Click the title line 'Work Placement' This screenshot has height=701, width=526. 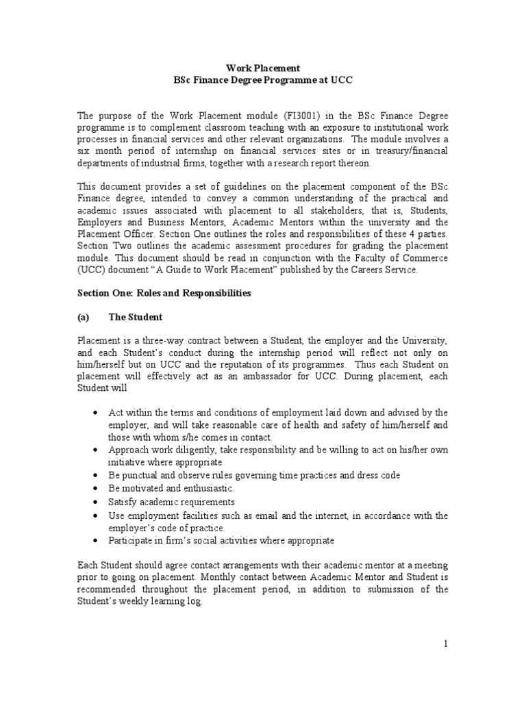click(263, 68)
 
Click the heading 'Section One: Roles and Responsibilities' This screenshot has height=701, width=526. click(164, 293)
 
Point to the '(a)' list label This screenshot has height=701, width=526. click(84, 318)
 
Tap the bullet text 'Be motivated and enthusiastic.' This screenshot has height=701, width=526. click(171, 488)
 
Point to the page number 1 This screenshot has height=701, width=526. click(444, 644)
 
